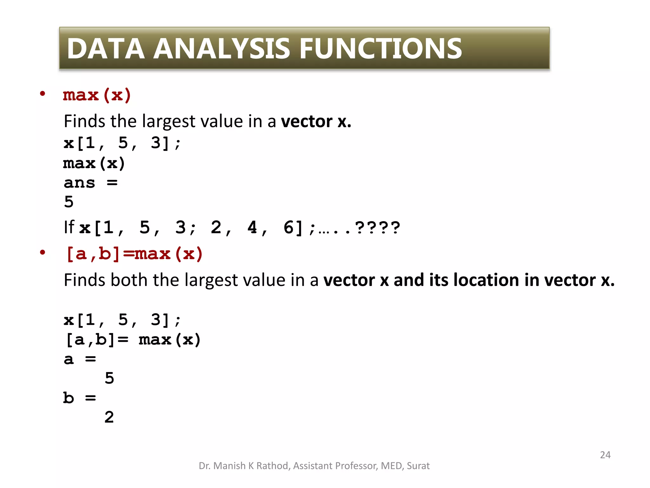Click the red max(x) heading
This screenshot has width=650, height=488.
coord(97,95)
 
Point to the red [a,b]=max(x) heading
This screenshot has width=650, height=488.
coord(134,254)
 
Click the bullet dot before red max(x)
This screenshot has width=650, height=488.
coord(43,94)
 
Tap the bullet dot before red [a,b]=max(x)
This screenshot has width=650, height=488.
coord(43,253)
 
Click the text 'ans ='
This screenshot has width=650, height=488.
coord(90,183)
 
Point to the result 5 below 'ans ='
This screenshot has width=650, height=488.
coord(69,202)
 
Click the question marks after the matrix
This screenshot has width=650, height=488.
coord(378,228)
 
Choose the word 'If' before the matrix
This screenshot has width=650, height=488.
coord(69,227)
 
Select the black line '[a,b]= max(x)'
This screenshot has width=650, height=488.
coord(132,340)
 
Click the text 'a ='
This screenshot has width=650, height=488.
coord(80,359)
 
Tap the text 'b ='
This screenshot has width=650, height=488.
coord(80,398)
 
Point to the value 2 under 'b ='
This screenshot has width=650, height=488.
coord(109,417)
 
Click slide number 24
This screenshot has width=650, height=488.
coord(605,455)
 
